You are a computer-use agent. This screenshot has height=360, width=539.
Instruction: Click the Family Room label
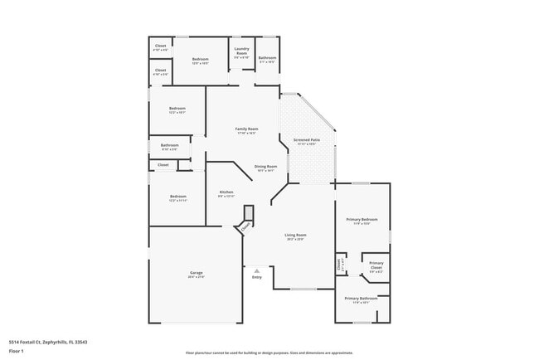tap(246, 130)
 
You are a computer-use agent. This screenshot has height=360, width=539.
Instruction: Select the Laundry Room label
tap(241, 52)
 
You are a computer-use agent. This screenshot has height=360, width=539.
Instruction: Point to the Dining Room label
tap(265, 168)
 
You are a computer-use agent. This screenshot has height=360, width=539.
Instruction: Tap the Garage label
tap(196, 274)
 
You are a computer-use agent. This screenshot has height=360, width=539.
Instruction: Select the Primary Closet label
tap(376, 266)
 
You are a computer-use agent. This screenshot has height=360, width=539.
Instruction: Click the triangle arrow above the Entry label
tap(257, 270)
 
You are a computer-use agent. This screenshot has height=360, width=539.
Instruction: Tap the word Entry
tap(257, 277)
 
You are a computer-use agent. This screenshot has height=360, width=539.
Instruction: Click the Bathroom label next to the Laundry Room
tap(267, 59)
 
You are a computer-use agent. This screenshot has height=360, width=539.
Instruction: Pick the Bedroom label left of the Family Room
tap(177, 110)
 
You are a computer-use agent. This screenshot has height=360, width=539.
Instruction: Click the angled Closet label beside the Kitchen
tap(245, 226)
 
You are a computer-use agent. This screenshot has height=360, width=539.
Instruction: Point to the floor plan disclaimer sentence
tap(269, 353)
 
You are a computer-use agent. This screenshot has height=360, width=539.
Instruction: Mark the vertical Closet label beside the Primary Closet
tap(340, 265)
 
